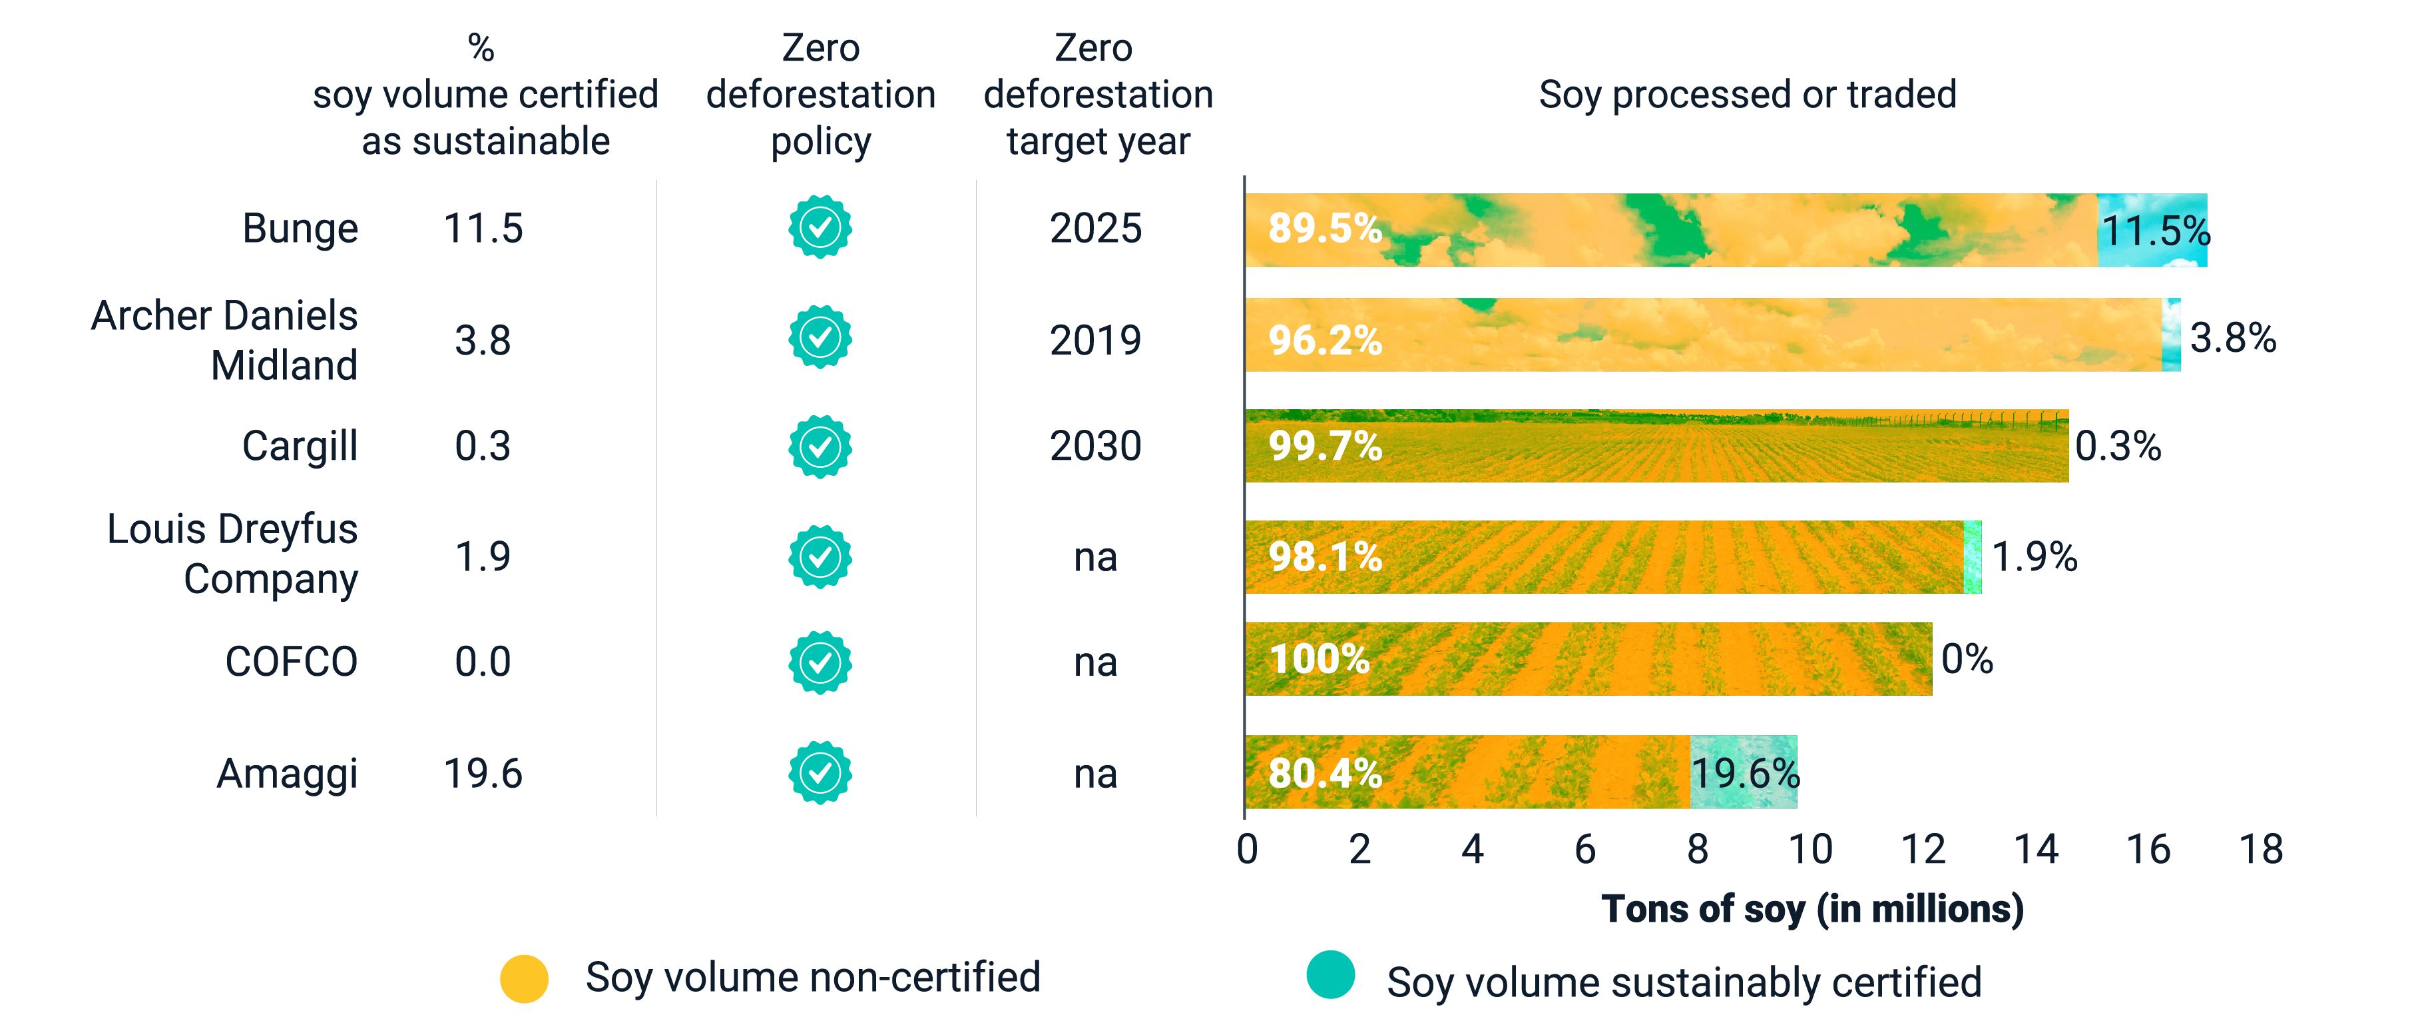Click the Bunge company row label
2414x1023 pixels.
[x=300, y=229]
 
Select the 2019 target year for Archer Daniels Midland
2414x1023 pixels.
[x=1095, y=339]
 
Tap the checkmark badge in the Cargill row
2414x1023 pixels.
[x=820, y=447]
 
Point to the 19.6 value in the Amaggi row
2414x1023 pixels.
[x=483, y=774]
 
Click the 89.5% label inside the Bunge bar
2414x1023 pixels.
[x=1325, y=229]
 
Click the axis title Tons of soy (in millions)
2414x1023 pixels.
[x=1812, y=908]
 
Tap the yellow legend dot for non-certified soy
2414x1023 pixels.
[x=524, y=979]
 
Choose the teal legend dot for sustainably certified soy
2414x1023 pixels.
[x=1331, y=975]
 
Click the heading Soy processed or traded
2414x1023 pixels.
[x=1747, y=95]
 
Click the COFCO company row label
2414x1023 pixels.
[x=292, y=662]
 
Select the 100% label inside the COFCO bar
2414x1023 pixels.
[x=1320, y=659]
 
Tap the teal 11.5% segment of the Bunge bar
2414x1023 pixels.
[x=2152, y=231]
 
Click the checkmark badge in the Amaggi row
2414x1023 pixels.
[x=820, y=772]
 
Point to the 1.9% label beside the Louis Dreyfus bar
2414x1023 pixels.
[x=2035, y=557]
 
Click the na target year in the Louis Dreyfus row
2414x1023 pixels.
[x=1095, y=558]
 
